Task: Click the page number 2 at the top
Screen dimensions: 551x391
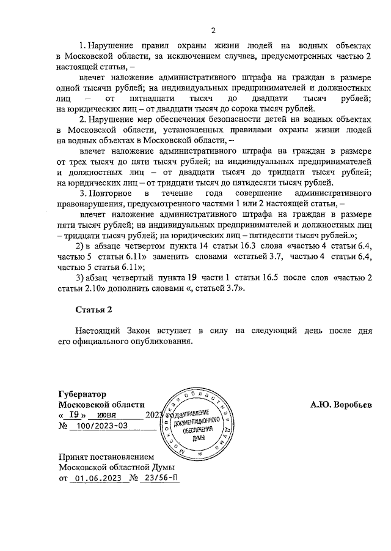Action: point(213,31)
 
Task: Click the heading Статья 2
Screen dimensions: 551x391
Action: point(94,307)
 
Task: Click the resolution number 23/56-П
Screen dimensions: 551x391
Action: point(159,478)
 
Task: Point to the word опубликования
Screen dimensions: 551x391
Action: point(158,342)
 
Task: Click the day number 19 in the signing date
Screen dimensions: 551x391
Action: point(73,414)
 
